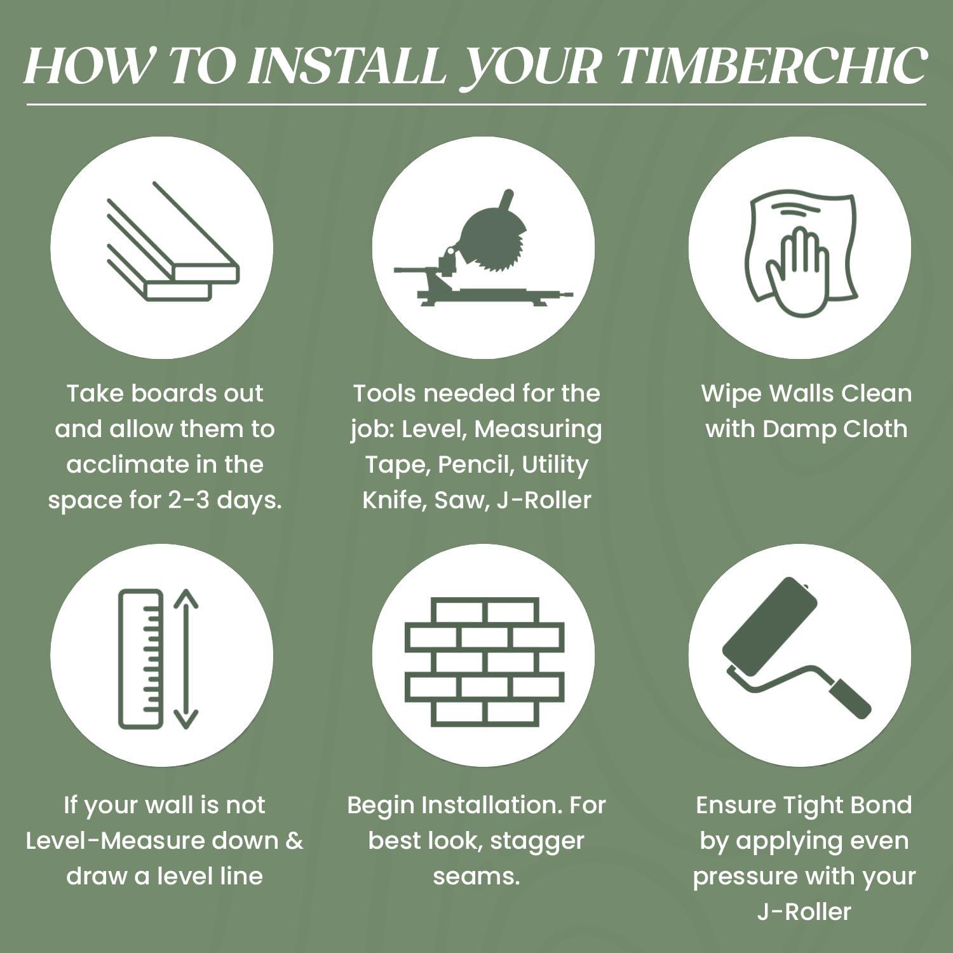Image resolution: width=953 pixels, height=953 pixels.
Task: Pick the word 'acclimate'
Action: tap(120, 464)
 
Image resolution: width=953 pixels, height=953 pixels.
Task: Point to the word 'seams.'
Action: tap(476, 876)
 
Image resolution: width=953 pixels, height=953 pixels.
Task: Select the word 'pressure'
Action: tap(743, 877)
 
